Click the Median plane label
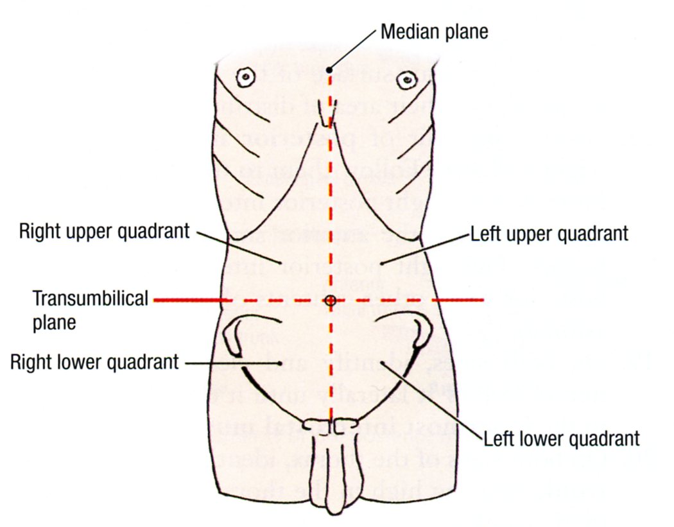[434, 31]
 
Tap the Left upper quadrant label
[549, 234]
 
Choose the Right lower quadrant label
[94, 362]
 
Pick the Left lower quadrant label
[562, 439]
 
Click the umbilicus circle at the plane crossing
[330, 300]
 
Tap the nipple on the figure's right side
[245, 78]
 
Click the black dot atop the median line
[329, 69]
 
